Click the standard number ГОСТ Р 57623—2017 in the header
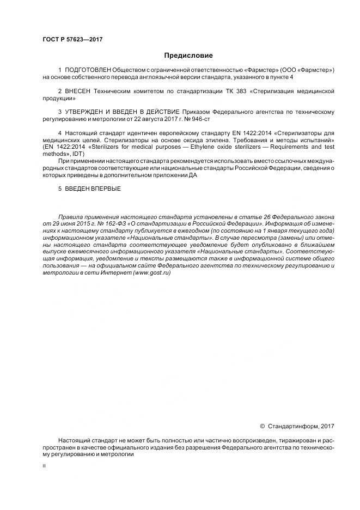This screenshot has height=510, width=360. pyautogui.click(x=73, y=40)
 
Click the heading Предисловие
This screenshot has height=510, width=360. pyautogui.click(x=188, y=56)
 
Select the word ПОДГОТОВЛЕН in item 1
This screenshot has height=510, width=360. pyautogui.click(x=88, y=70)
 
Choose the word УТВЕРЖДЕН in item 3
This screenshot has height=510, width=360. pyautogui.click(x=86, y=112)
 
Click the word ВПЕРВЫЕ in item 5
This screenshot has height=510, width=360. pyautogui.click(x=104, y=189)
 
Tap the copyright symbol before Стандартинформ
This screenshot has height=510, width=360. pyautogui.click(x=262, y=426)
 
